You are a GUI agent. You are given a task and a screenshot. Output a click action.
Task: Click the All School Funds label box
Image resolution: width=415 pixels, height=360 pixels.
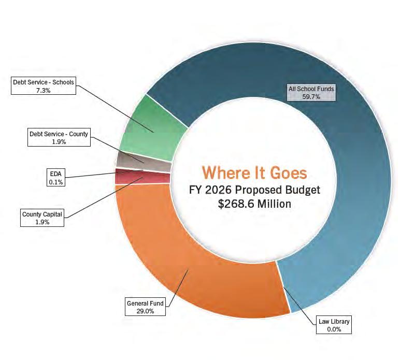tap(311, 93)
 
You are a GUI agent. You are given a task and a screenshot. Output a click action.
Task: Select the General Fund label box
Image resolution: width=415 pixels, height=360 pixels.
tap(145, 307)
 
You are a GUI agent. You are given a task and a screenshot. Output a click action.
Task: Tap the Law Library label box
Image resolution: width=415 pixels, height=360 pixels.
tap(334, 325)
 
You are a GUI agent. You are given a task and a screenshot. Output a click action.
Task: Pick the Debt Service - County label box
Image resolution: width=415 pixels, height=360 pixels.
tap(59, 138)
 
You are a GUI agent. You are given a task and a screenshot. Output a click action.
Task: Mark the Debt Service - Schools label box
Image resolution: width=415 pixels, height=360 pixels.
tap(44, 86)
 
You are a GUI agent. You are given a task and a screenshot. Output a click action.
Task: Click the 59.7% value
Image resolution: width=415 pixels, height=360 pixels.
tap(311, 97)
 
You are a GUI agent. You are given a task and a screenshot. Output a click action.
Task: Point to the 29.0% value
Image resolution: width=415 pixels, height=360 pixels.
tap(145, 311)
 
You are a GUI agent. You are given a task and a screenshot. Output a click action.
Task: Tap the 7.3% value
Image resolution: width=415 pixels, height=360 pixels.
tap(44, 90)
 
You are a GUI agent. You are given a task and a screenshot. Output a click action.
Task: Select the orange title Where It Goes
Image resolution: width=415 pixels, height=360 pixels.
tap(254, 172)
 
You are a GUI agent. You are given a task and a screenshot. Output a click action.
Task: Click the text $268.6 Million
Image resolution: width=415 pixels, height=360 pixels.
tap(254, 204)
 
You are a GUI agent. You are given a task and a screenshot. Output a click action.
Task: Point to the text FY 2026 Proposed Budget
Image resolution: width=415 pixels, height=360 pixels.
tap(254, 189)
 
